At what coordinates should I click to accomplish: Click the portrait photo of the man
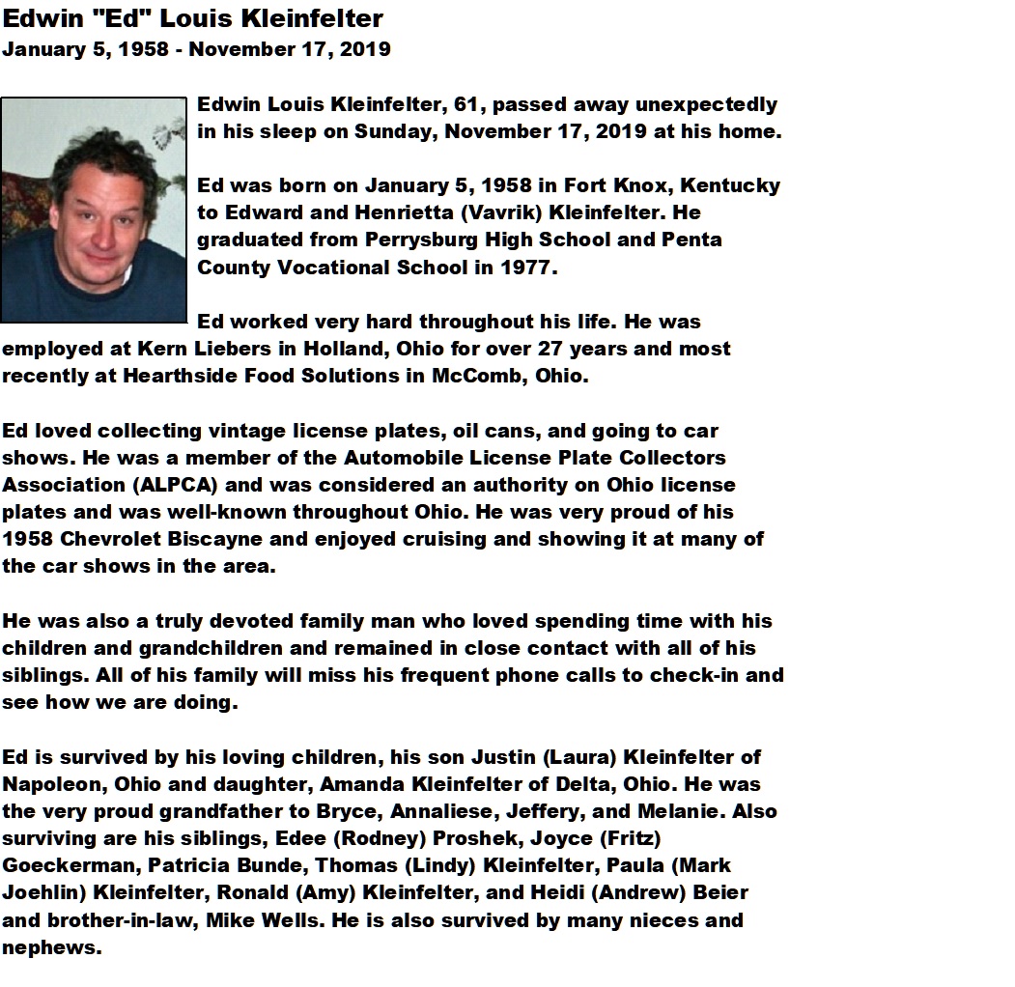94,210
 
